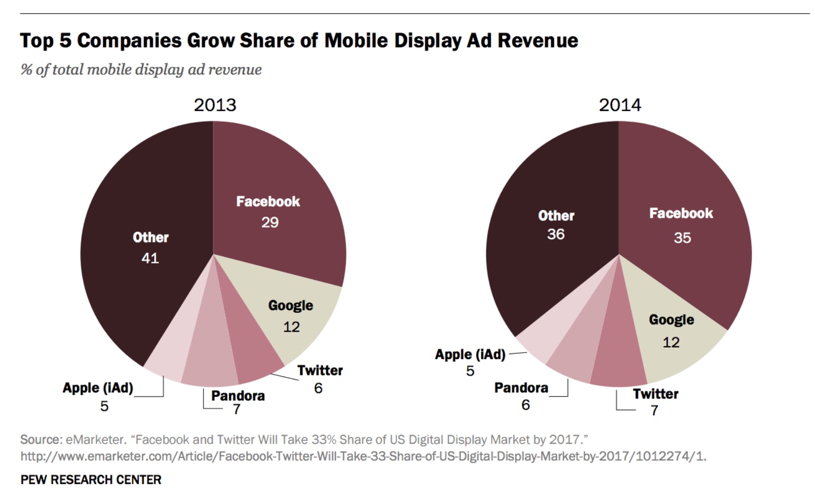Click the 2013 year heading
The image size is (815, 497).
pyautogui.click(x=215, y=105)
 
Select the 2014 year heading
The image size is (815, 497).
pyautogui.click(x=620, y=105)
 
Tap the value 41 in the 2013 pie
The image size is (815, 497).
pyautogui.click(x=150, y=258)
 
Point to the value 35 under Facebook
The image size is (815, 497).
pyautogui.click(x=682, y=238)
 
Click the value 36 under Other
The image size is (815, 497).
pyautogui.click(x=556, y=234)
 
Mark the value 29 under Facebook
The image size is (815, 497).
pyautogui.click(x=270, y=222)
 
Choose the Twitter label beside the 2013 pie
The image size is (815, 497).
pyautogui.click(x=320, y=371)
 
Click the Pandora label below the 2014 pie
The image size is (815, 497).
pyautogui.click(x=521, y=388)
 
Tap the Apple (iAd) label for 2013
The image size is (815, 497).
pyautogui.click(x=98, y=388)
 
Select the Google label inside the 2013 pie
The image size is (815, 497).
pyautogui.click(x=291, y=305)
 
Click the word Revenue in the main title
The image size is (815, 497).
pyautogui.click(x=538, y=41)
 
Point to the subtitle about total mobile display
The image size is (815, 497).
pyautogui.click(x=141, y=69)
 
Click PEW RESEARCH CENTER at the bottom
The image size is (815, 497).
pyautogui.click(x=91, y=480)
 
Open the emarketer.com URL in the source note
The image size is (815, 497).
pyautogui.click(x=363, y=456)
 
